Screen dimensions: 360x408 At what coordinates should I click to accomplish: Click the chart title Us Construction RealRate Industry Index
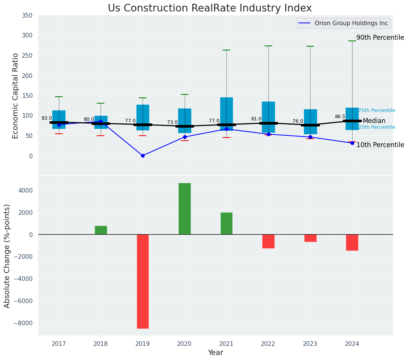[210, 8]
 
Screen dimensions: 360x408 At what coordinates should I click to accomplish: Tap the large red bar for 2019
[143, 281]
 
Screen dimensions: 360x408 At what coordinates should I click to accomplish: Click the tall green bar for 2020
[185, 209]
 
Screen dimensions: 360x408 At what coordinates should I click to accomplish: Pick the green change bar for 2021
[226, 223]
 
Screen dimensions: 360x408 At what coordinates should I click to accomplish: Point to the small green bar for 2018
[101, 230]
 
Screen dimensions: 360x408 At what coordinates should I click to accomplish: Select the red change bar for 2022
[268, 241]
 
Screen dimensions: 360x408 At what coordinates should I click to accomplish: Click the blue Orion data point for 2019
[143, 156]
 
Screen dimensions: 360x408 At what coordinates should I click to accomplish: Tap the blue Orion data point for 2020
[185, 137]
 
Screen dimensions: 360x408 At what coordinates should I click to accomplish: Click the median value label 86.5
[340, 117]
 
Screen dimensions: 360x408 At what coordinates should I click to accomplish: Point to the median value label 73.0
[172, 122]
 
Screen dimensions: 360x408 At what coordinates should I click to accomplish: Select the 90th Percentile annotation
[380, 37]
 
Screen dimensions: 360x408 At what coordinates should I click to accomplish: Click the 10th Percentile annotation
[380, 145]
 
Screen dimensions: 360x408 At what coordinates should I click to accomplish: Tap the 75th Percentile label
[377, 110]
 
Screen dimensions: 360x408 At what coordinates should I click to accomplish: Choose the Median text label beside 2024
[374, 121]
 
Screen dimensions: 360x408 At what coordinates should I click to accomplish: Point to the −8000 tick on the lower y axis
[24, 323]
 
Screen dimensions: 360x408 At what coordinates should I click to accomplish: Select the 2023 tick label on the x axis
[310, 344]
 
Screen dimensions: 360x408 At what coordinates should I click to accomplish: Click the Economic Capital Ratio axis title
[16, 96]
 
